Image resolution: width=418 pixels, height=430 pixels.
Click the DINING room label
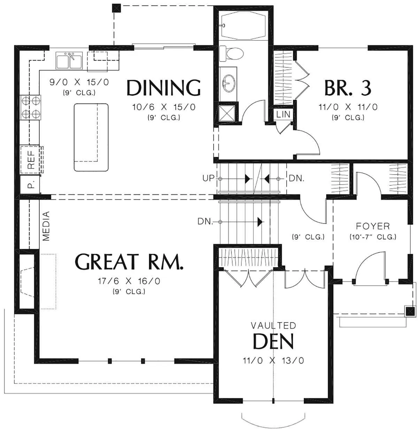[164, 88]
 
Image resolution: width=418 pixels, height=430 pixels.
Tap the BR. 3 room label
[348, 88]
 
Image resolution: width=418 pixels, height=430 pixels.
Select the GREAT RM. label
[129, 262]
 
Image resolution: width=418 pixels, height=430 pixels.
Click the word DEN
[273, 341]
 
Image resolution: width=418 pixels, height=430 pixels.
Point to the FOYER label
[373, 226]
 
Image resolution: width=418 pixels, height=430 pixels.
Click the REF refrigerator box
[31, 159]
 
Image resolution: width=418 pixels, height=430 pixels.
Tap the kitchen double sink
[69, 60]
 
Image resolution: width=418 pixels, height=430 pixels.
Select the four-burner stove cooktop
[31, 108]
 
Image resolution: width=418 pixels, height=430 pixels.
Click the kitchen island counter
[91, 137]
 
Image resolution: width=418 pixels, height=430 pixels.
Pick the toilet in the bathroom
[231, 54]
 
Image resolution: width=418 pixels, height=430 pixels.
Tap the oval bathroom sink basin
[229, 83]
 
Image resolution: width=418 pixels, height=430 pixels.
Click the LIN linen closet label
[283, 114]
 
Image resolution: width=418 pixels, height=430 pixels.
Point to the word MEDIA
[46, 226]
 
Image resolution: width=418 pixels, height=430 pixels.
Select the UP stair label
[208, 178]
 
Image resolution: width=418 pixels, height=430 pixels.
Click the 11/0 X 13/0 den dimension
[273, 360]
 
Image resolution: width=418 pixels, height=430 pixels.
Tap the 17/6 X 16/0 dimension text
[129, 281]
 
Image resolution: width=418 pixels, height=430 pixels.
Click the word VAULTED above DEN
[273, 325]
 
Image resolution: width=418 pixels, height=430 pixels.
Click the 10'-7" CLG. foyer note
[373, 237]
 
